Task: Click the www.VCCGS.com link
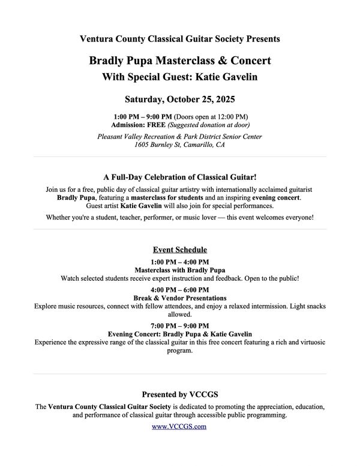pos(179,426)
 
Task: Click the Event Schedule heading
pos(179,249)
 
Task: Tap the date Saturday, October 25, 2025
pos(179,99)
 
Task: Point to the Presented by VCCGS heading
pos(179,395)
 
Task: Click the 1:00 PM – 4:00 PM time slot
pos(179,262)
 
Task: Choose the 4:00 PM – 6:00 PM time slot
pos(179,290)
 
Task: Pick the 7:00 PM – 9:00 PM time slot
pos(179,326)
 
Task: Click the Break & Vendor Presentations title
pos(179,298)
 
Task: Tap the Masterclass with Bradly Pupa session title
pos(179,270)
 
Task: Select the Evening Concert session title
pos(179,334)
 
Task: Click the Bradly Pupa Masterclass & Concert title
pos(179,61)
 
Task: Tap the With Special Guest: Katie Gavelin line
pos(179,77)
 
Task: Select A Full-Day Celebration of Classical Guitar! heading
pos(179,178)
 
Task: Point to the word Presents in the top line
pos(262,39)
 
